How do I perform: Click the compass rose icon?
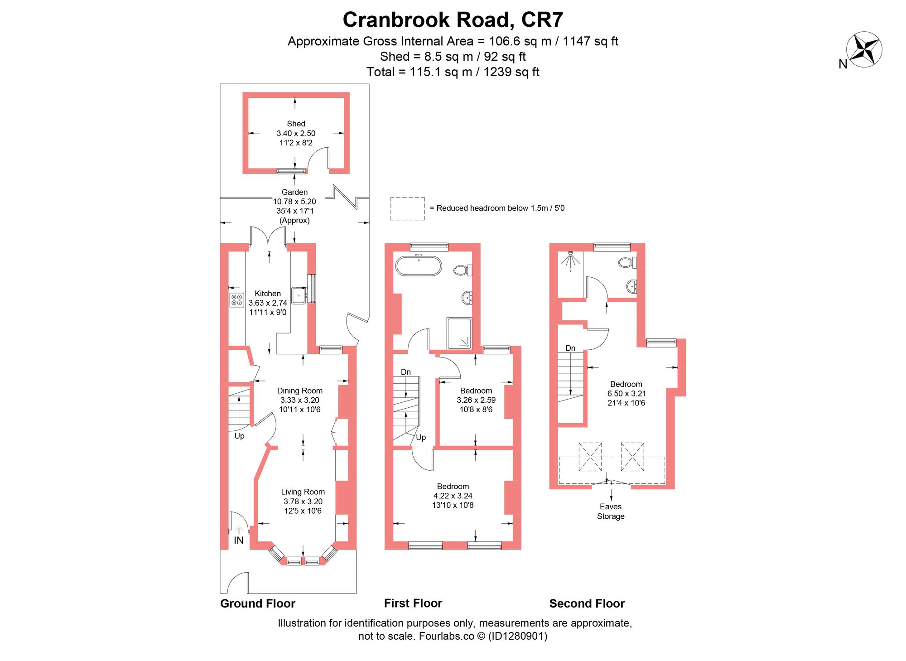(864, 49)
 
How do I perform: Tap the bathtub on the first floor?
(418, 266)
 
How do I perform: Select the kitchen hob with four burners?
(236, 300)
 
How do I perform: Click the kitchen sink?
(299, 295)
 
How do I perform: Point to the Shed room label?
(296, 124)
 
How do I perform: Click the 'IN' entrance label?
(239, 540)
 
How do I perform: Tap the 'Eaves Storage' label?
(611, 511)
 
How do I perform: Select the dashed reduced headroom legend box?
(407, 208)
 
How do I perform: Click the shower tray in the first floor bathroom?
(459, 333)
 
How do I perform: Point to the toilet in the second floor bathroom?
(627, 262)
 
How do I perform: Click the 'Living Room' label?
(303, 492)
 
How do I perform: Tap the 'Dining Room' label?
(299, 391)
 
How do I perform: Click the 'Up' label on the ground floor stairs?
(239, 436)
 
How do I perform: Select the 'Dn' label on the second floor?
(570, 348)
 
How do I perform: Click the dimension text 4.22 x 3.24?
(453, 496)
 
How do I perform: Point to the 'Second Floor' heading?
(587, 603)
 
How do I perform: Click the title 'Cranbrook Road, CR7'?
(453, 20)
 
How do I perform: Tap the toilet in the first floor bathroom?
(462, 270)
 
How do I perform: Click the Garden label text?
(294, 192)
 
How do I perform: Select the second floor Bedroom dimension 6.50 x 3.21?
(626, 394)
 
